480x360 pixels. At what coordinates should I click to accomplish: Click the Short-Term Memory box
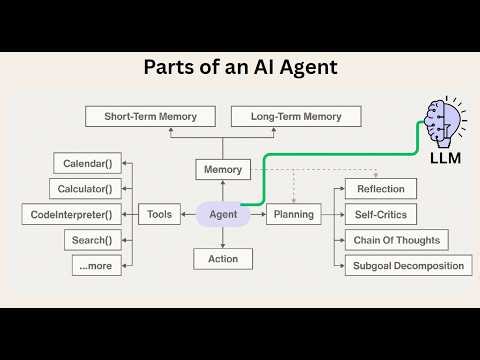(x=150, y=117)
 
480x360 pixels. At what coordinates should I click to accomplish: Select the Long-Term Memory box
(x=286, y=117)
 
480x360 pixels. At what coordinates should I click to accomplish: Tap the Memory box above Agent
(x=222, y=169)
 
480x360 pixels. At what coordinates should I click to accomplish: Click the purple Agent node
(x=222, y=213)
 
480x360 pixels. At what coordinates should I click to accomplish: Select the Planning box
(x=291, y=213)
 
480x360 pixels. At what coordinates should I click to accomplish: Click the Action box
(x=222, y=258)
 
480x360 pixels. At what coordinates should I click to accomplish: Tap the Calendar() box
(x=88, y=163)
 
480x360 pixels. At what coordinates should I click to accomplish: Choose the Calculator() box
(x=88, y=189)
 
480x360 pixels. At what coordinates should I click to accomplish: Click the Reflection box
(x=380, y=189)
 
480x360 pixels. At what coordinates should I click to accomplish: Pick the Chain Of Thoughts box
(x=395, y=240)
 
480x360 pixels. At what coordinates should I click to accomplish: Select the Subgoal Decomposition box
(x=409, y=265)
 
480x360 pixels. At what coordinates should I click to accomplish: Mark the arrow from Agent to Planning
(x=257, y=213)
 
